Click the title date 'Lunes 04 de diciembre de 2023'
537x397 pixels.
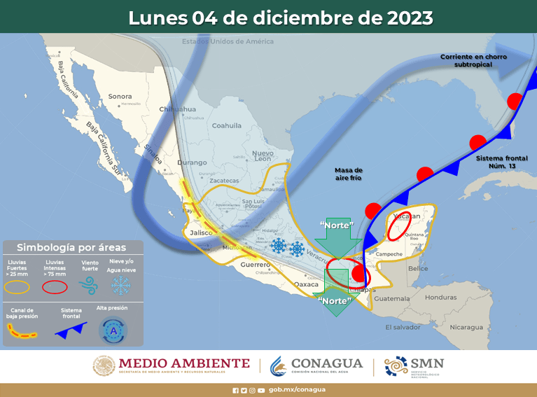click(280, 18)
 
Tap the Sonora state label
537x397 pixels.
click(120, 96)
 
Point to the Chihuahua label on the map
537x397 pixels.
click(177, 109)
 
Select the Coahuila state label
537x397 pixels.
click(226, 126)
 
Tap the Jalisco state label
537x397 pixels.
click(201, 232)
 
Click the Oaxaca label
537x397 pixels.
click(307, 284)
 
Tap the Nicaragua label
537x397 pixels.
click(466, 327)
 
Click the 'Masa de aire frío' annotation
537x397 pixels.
click(348, 174)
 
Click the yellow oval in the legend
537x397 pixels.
click(18, 286)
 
